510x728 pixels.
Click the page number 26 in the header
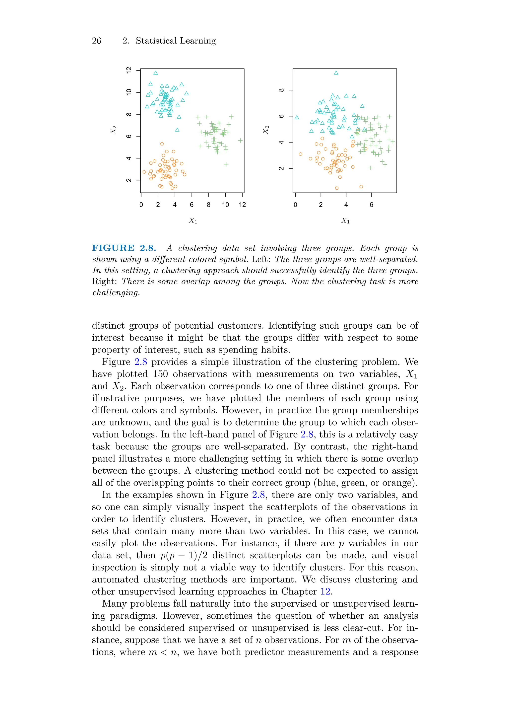(x=96, y=41)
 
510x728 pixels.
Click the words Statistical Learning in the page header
(x=176, y=41)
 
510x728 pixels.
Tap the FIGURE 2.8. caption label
(x=124, y=248)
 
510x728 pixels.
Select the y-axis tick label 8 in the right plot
(x=281, y=90)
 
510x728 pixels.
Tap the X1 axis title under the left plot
(x=193, y=220)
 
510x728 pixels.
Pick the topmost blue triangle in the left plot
(x=156, y=73)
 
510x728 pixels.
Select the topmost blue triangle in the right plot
(x=336, y=73)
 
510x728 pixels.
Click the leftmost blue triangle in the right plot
(x=297, y=118)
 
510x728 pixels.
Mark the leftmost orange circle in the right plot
(x=301, y=154)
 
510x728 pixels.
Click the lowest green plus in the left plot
(x=226, y=164)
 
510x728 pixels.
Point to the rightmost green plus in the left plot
(x=240, y=141)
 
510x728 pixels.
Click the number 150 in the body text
(x=160, y=374)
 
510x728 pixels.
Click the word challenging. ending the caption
(x=116, y=293)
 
